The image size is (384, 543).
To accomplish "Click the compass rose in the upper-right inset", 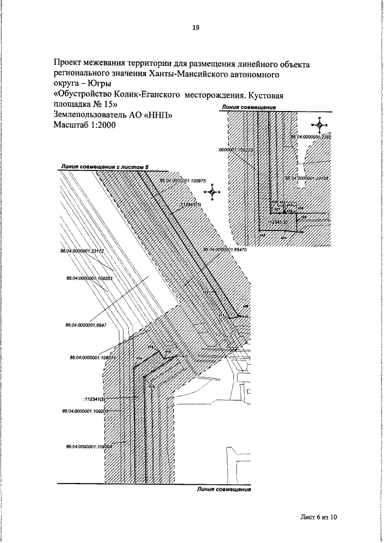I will [x=320, y=124].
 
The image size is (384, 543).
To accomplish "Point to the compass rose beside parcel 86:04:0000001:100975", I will [x=212, y=191].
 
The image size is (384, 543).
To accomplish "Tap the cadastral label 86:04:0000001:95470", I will [x=223, y=249].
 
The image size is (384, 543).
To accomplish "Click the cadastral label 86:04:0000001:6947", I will [x=85, y=325].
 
